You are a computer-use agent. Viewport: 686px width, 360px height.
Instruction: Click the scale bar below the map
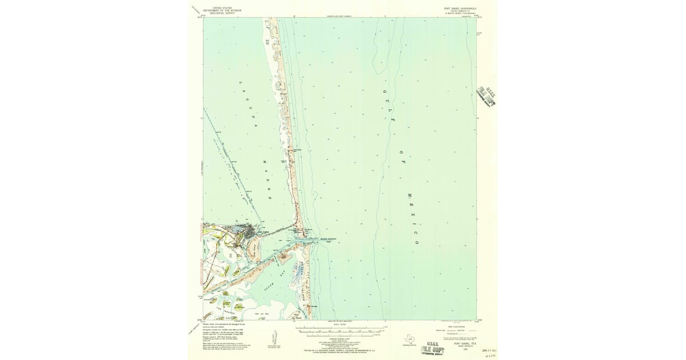(x=337, y=330)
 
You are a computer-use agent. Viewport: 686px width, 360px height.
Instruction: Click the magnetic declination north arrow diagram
(x=273, y=337)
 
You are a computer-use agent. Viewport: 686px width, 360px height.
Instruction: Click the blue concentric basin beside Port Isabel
(x=235, y=230)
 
